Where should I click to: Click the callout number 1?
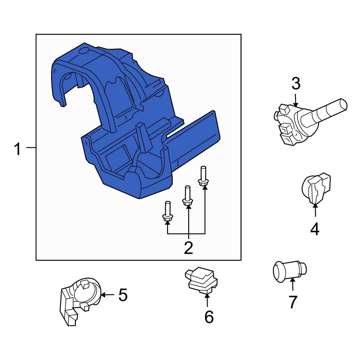(x=18, y=149)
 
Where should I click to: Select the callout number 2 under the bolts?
(x=188, y=248)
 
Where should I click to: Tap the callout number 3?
(x=296, y=84)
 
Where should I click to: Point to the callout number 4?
(x=315, y=229)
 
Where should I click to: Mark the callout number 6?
(x=209, y=317)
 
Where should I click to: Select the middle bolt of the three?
(x=188, y=197)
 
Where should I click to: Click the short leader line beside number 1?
(x=31, y=148)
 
